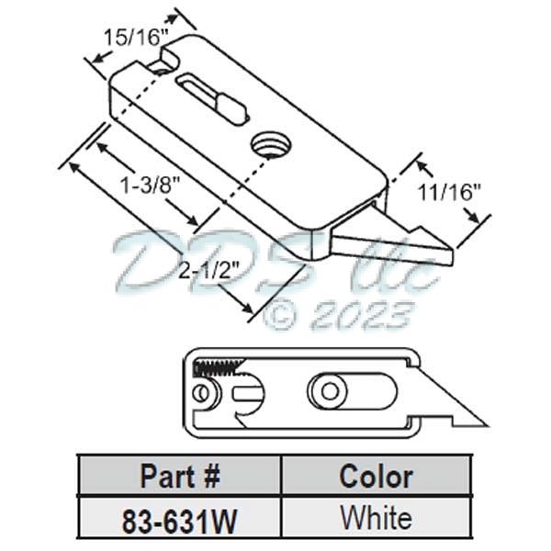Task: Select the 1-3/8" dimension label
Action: pos(149,183)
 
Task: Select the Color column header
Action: pos(376,477)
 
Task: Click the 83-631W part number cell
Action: pos(179,519)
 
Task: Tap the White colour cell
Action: pos(376,518)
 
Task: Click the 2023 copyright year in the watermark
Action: pos(361,317)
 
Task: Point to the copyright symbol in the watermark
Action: pos(281,317)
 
